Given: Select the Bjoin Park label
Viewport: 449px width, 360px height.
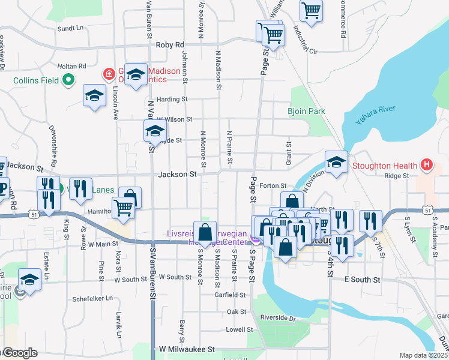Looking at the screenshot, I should click(x=306, y=112).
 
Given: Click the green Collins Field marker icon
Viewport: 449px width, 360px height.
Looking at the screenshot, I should click(x=68, y=79).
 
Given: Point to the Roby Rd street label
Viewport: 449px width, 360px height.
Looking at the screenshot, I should click(x=169, y=45).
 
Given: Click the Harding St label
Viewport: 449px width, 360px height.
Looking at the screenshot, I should click(x=172, y=99).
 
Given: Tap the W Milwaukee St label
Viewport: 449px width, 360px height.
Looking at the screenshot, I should click(x=187, y=349).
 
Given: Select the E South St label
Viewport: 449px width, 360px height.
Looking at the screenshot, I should click(x=363, y=280).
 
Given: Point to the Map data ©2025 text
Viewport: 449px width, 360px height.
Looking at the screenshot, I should click(x=424, y=355).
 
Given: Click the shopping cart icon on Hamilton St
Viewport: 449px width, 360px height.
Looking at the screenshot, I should click(x=123, y=208).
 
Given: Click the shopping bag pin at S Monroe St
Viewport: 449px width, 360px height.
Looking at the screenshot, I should click(x=205, y=232).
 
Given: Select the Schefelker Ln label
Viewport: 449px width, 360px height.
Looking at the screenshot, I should click(x=93, y=298).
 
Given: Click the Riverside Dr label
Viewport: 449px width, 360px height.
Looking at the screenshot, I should click(x=279, y=317).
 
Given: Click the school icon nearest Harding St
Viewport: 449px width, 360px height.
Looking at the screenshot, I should click(x=94, y=96).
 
